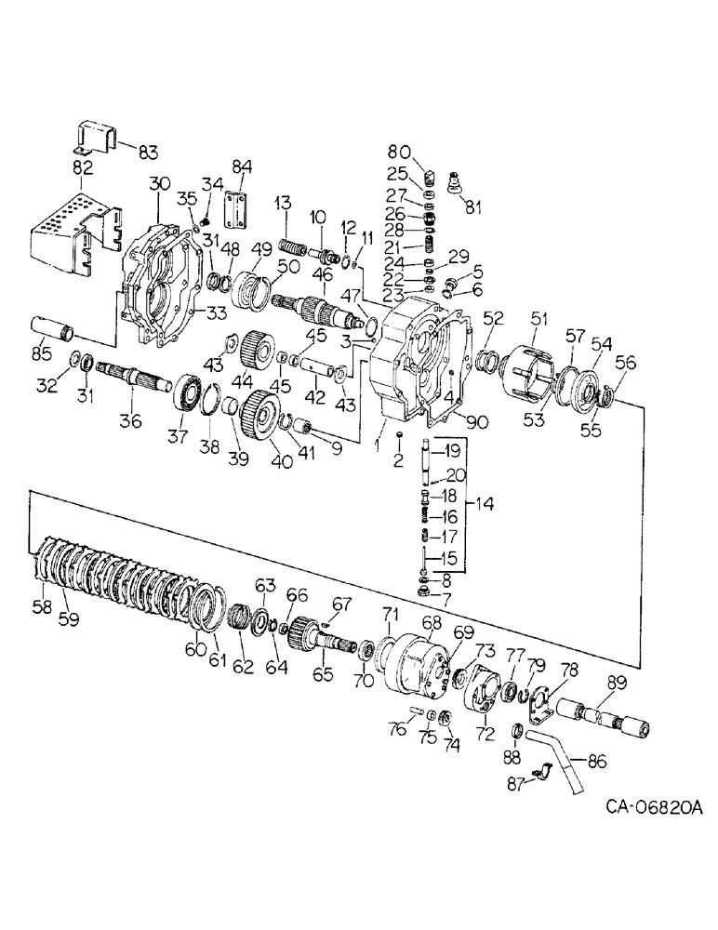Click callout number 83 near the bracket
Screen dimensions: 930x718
coord(148,153)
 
